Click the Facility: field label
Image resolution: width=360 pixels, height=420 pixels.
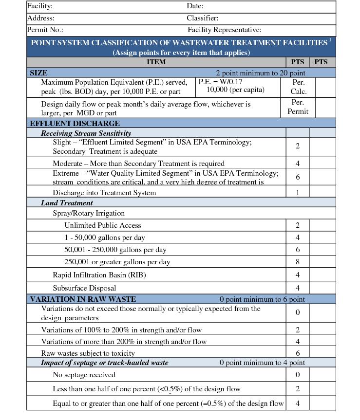(x=40, y=6)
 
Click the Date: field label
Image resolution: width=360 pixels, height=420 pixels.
(x=195, y=6)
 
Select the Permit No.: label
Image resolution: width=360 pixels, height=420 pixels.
(x=45, y=30)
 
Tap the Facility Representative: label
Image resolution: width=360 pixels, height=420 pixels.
(x=224, y=30)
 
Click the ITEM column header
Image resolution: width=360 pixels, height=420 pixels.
(x=156, y=62)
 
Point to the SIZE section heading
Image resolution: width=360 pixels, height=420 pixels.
(x=38, y=73)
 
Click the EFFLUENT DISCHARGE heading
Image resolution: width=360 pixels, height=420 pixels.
(x=75, y=123)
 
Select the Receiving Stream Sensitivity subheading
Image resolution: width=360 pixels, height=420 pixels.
(x=86, y=133)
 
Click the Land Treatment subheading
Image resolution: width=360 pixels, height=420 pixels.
(x=67, y=202)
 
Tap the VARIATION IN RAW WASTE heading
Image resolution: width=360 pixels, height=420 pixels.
(x=83, y=299)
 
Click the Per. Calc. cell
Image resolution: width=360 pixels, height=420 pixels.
(x=298, y=87)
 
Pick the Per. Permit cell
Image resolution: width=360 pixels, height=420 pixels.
(x=298, y=107)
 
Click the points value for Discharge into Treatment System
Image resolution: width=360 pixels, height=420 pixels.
(x=298, y=192)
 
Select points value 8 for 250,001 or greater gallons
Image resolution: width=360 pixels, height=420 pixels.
(x=298, y=262)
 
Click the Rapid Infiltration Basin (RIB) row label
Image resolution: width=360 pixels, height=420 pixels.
(x=99, y=274)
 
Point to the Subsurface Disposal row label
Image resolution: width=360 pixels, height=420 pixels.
(x=84, y=288)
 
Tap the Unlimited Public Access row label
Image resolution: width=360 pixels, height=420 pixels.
(x=103, y=225)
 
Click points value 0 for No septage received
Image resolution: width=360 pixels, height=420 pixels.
(x=298, y=374)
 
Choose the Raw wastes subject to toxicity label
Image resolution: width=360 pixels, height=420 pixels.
(x=88, y=353)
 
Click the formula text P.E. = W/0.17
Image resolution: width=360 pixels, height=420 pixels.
(x=220, y=82)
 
